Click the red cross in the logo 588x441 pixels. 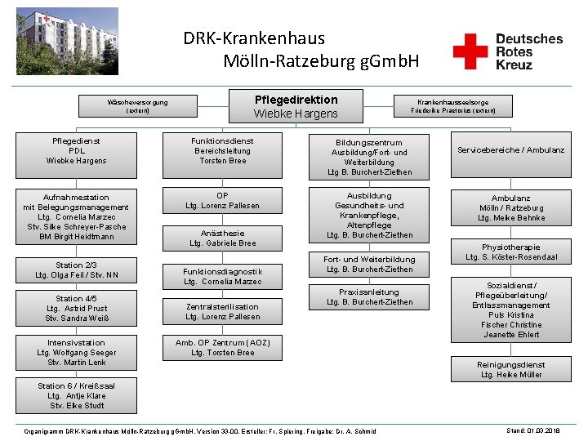(470, 51)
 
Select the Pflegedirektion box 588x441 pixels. (296, 106)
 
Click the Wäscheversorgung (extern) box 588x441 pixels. (138, 107)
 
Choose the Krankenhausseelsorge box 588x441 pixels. (452, 106)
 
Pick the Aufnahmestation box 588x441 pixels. (75, 217)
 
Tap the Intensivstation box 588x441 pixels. (76, 352)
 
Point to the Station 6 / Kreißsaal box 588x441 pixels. (76, 395)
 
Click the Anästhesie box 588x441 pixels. (222, 238)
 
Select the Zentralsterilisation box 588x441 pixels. (222, 311)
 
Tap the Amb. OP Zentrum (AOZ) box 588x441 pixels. (222, 348)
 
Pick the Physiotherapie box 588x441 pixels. (511, 252)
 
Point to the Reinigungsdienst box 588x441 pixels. (511, 370)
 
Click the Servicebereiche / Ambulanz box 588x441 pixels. (511, 150)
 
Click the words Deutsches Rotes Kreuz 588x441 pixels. (528, 51)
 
